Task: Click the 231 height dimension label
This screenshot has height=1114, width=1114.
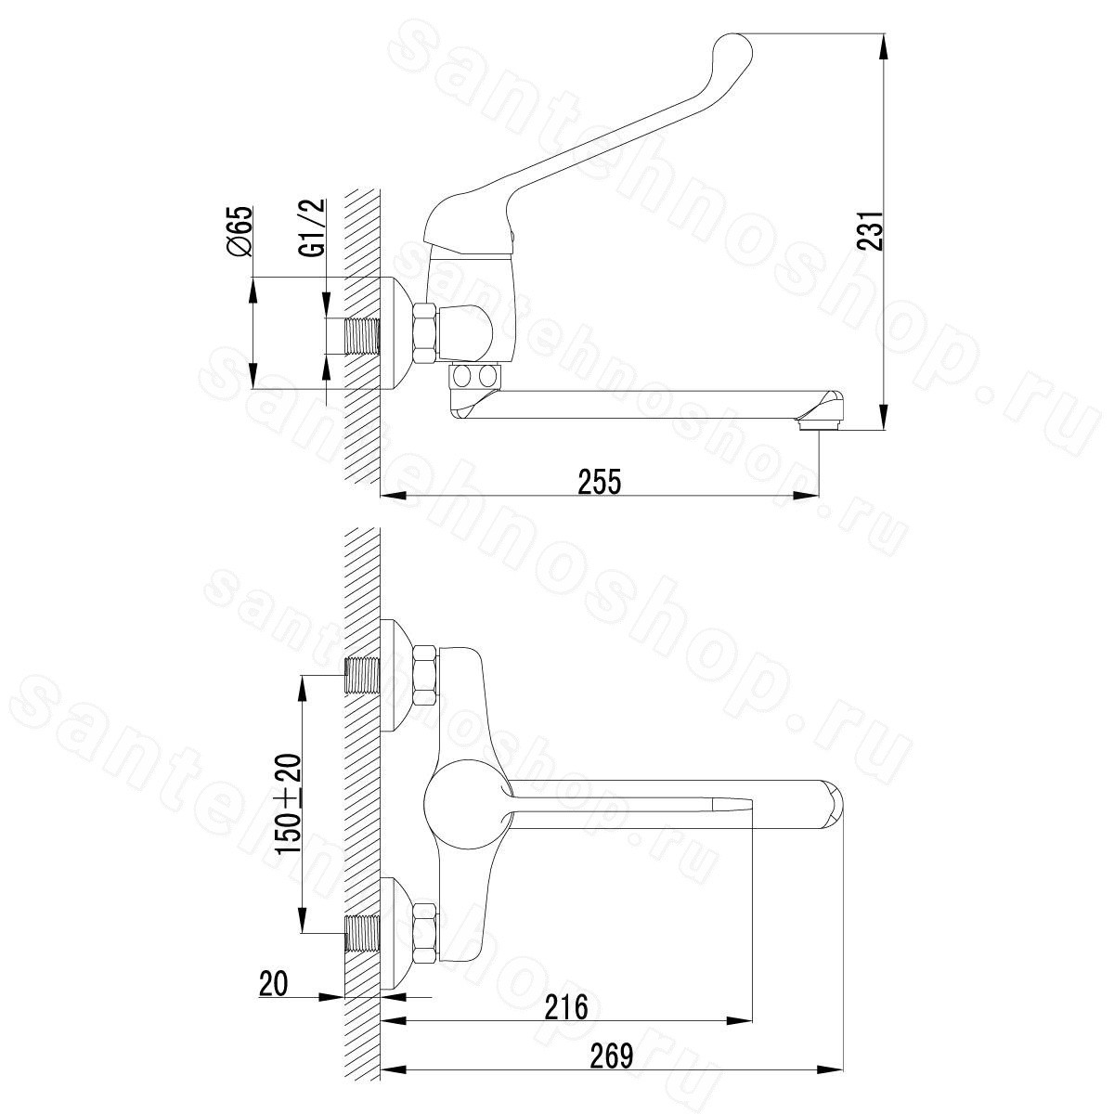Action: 871,230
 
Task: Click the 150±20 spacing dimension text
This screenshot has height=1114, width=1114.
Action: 288,804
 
